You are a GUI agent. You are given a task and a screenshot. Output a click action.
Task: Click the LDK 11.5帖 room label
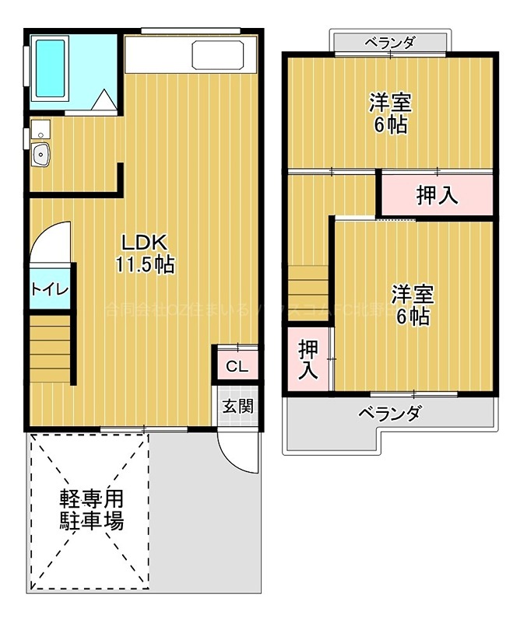coord(144,253)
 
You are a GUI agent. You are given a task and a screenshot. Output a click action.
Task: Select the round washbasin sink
coord(40,155)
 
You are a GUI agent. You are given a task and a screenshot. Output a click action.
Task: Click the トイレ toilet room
coord(51,288)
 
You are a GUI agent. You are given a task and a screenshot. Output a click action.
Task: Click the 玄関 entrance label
coord(236,405)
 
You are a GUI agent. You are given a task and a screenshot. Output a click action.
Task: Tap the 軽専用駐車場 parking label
coord(92,510)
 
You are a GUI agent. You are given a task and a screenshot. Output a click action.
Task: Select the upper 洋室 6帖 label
coord(390,114)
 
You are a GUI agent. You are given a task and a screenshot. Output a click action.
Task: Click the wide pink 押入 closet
coord(437,196)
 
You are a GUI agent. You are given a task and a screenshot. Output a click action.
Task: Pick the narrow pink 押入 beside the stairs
coord(309,358)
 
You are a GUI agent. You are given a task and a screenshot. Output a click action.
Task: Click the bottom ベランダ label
coord(389,413)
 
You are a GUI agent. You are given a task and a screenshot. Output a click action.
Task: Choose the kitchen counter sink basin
coord(216,56)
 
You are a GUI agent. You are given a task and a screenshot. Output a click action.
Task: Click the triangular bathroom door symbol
coord(101,101)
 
